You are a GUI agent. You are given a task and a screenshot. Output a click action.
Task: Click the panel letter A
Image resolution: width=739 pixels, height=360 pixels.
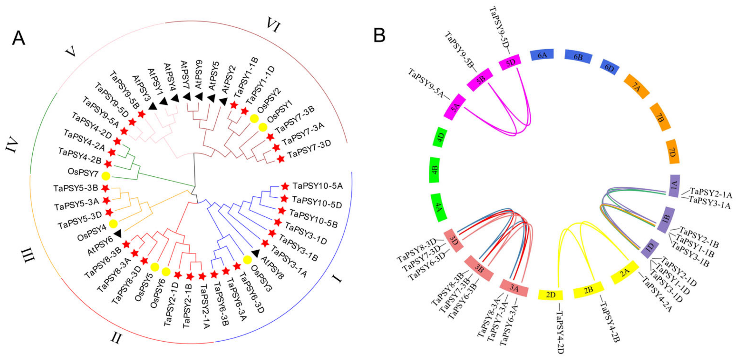coord(19,38)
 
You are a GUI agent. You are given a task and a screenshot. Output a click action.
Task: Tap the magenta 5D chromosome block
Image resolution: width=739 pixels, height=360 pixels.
coord(510,62)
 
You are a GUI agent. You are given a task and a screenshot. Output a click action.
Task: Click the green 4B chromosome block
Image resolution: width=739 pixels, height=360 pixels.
coord(435,170)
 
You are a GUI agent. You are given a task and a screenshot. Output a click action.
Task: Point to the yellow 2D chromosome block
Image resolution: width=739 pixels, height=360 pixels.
coord(550,295)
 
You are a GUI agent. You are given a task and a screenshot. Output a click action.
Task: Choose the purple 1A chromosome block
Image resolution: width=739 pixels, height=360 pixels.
coord(674,186)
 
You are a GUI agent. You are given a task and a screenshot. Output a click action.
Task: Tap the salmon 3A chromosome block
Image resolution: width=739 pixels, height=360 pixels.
coord(514,288)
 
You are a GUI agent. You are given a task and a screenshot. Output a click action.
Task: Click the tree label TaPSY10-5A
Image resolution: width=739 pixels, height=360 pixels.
coord(318,186)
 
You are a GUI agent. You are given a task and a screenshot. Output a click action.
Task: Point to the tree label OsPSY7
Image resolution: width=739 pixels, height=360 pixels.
coord(83,173)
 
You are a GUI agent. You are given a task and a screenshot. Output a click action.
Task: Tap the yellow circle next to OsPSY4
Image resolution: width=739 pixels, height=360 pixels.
coord(113,224)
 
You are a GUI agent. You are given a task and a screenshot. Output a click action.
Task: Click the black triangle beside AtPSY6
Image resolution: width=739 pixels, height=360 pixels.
coord(118,234)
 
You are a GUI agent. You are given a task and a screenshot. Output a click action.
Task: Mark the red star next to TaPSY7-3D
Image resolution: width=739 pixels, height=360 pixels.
coord(280,159)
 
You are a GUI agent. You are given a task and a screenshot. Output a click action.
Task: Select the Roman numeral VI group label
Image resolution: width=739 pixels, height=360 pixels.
coord(273,25)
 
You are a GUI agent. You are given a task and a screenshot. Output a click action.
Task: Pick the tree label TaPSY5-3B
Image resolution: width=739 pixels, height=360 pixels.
coord(76,188)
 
